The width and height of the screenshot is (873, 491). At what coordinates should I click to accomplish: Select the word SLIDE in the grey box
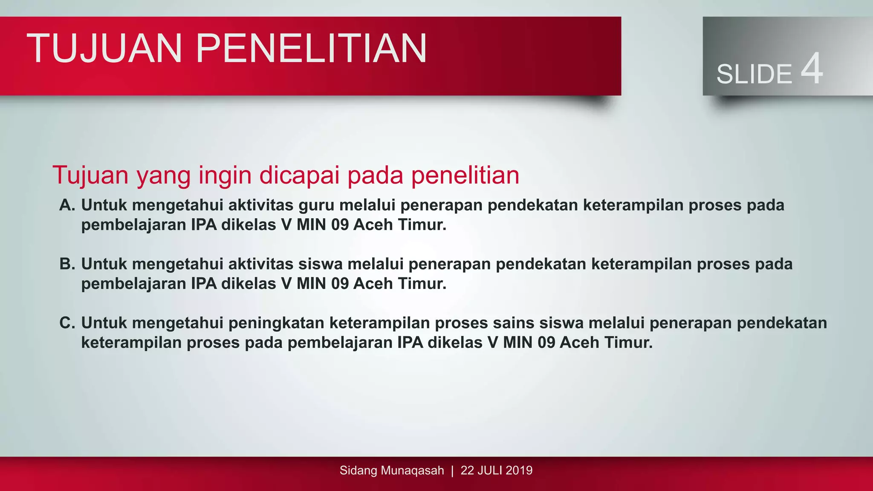pyautogui.click(x=754, y=74)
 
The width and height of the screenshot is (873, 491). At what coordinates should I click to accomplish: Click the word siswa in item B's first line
pyautogui.click(x=320, y=264)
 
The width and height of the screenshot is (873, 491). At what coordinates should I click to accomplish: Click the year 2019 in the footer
pyautogui.click(x=519, y=471)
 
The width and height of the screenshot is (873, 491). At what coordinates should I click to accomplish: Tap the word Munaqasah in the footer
pyautogui.click(x=412, y=471)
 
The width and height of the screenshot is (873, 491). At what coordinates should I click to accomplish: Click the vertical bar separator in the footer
pyautogui.click(x=452, y=471)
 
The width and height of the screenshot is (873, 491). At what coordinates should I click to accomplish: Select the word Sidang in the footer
pyautogui.click(x=358, y=471)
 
